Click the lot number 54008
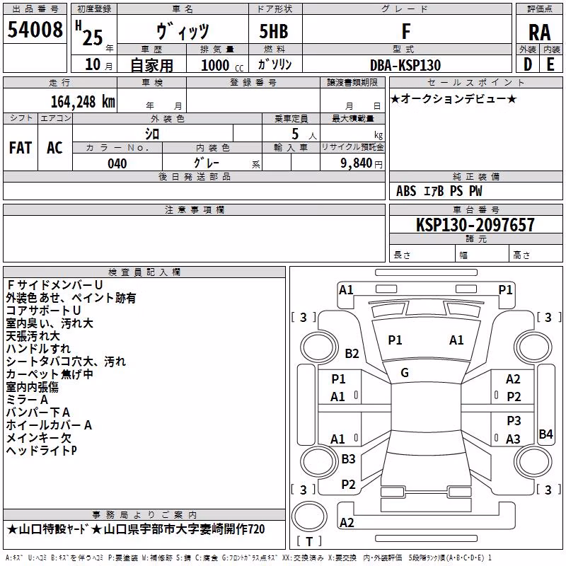[x=35, y=30]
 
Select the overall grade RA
[x=539, y=33]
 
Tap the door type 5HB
[x=274, y=31]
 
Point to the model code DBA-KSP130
[x=405, y=65]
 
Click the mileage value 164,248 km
[x=83, y=101]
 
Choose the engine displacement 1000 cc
[x=222, y=65]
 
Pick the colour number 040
[x=117, y=163]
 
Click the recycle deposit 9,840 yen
[x=361, y=163]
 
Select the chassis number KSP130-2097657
[x=475, y=224]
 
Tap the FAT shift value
[x=21, y=148]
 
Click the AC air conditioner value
[x=54, y=148]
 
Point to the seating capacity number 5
[x=295, y=134]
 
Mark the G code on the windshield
[x=405, y=373]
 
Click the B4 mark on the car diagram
[x=545, y=434]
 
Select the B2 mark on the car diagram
[x=352, y=353]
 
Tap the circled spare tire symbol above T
[x=309, y=516]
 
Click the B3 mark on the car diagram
[x=348, y=458]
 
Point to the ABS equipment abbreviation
[x=406, y=191]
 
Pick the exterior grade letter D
[x=528, y=64]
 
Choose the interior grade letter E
[x=550, y=64]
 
